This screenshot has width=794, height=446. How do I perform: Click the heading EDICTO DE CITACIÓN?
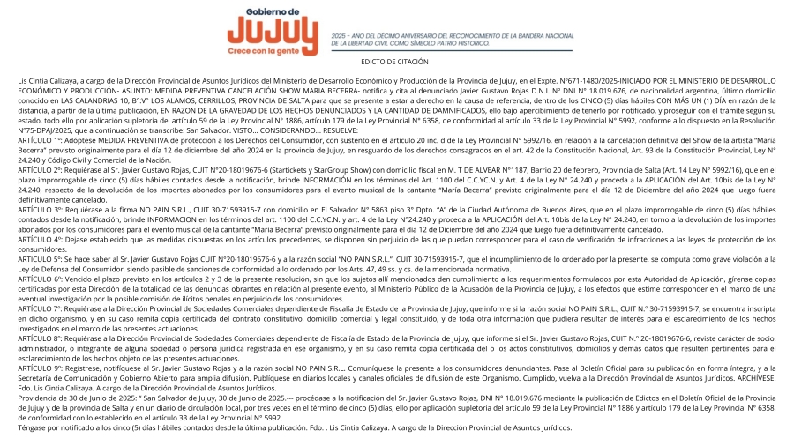[394, 62]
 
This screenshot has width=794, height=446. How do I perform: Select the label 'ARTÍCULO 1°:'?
[41, 140]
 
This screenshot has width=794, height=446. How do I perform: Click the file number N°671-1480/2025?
[506, 80]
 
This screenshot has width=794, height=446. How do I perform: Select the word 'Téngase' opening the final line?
[33, 427]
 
